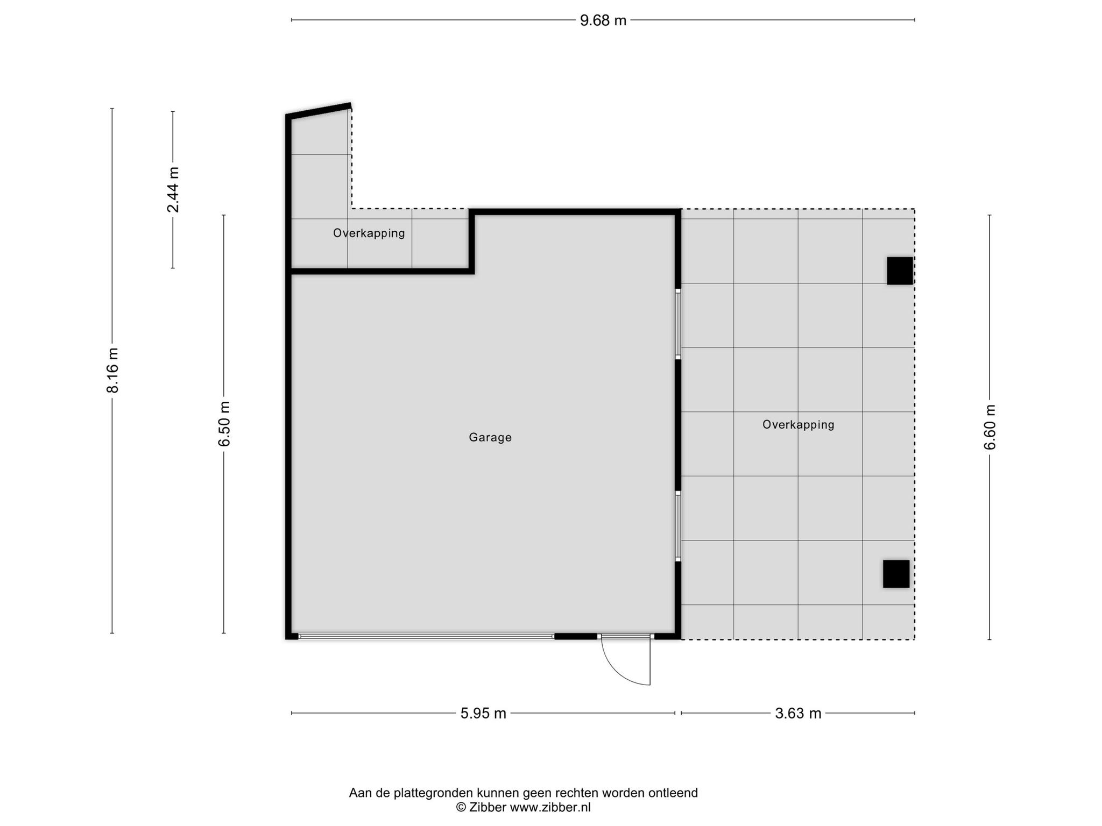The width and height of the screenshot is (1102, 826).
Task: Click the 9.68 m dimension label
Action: pyautogui.click(x=603, y=20)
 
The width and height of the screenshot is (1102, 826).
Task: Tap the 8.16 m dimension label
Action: pyautogui.click(x=113, y=370)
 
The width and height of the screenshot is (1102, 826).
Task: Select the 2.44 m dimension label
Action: pyautogui.click(x=173, y=189)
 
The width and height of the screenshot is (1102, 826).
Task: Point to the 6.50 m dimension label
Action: pyautogui.click(x=224, y=424)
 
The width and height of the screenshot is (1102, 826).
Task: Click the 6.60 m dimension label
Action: pyautogui.click(x=990, y=427)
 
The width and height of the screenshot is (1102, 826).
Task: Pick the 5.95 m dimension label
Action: pyautogui.click(x=483, y=713)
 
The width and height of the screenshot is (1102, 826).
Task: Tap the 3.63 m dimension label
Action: pyautogui.click(x=798, y=713)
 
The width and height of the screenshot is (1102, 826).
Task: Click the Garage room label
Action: pyautogui.click(x=490, y=437)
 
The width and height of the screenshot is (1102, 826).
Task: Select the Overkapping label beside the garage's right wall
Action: pyautogui.click(x=799, y=425)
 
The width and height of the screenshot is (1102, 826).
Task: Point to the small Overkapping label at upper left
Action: pyautogui.click(x=369, y=233)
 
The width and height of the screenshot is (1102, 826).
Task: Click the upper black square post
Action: pyautogui.click(x=900, y=270)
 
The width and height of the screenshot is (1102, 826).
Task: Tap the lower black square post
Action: pyautogui.click(x=896, y=574)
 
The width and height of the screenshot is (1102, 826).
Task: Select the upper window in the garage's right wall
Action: pyautogui.click(x=678, y=324)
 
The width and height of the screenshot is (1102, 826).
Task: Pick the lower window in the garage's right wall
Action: pyautogui.click(x=678, y=526)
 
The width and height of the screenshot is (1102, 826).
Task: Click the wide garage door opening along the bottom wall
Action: pyautogui.click(x=426, y=636)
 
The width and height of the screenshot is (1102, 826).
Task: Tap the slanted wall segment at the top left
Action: pyautogui.click(x=319, y=110)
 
